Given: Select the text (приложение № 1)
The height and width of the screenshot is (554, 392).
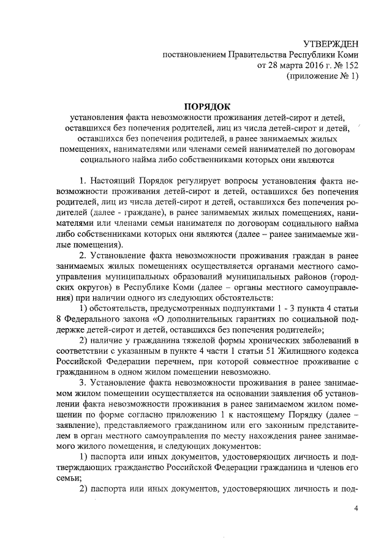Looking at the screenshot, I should click(x=322, y=76).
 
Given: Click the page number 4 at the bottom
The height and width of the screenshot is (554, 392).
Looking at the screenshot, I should click(x=356, y=509).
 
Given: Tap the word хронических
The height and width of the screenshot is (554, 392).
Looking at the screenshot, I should click(x=265, y=347).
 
